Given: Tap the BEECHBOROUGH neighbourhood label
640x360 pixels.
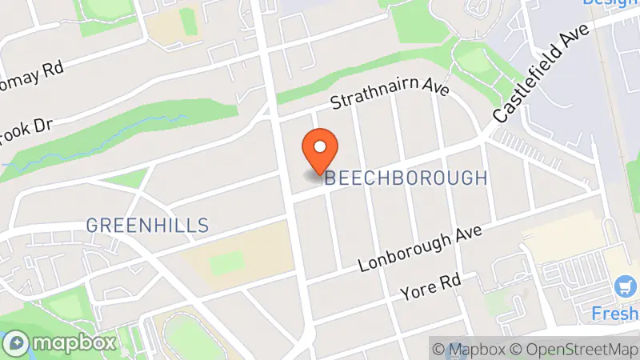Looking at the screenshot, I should coord(406,178).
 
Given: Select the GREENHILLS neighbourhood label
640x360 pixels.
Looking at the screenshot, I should coord(147,226).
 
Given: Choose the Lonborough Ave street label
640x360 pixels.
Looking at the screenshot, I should coord(422,249).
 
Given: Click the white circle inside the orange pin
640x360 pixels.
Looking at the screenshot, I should coord(320,146).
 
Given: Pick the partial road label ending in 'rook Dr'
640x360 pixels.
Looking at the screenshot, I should coord(27,131).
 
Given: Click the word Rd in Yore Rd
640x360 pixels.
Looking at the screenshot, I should coord(453,282).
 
